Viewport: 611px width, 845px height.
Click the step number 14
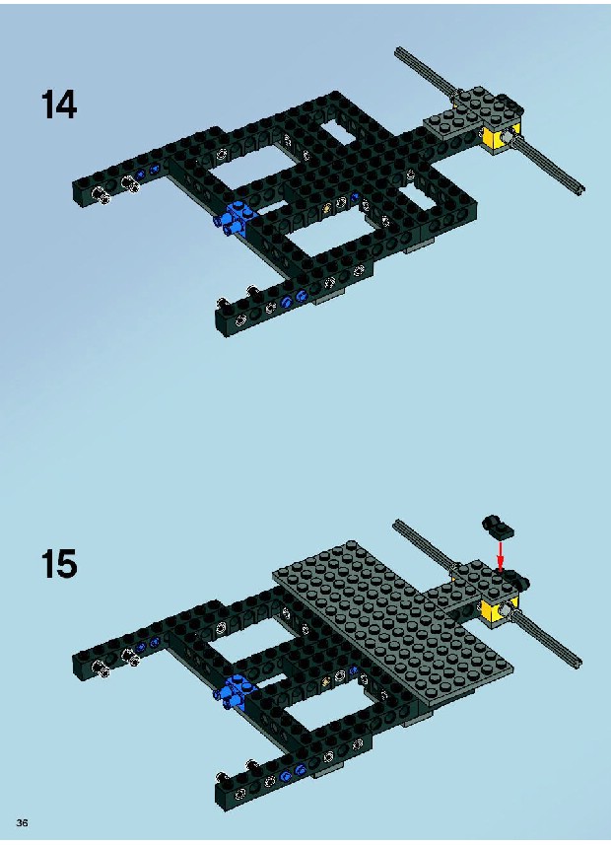pos(59,105)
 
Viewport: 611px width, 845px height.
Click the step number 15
pos(59,564)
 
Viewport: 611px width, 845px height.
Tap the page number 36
pos(22,822)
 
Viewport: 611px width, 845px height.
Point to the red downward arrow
pos(501,557)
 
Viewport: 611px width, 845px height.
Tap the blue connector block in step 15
pos(235,691)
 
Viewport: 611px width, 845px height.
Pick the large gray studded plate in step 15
pos(392,621)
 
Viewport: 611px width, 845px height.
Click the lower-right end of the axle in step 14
pos(580,189)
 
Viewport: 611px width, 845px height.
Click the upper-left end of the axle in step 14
pos(398,50)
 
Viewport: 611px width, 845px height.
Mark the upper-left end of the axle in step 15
pos(397,524)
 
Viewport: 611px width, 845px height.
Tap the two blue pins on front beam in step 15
pos(293,773)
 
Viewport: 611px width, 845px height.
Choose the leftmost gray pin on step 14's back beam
pos(101,195)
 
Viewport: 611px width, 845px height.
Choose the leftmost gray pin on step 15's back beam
pos(101,668)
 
